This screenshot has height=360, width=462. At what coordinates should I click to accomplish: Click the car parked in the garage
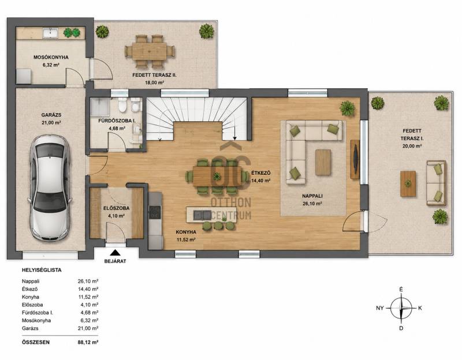click(x=50, y=188)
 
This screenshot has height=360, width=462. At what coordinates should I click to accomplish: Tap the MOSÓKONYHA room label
click(x=51, y=57)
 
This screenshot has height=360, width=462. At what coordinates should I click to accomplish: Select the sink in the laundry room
click(x=50, y=33)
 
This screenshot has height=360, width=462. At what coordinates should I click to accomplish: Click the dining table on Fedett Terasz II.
click(x=150, y=51)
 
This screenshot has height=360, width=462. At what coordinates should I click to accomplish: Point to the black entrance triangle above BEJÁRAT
click(x=115, y=252)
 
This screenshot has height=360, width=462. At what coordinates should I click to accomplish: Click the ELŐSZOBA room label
click(x=117, y=208)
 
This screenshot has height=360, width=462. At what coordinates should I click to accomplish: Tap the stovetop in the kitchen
click(x=155, y=212)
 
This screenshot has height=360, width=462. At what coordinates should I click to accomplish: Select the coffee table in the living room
click(x=323, y=162)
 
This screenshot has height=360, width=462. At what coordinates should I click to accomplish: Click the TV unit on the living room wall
click(x=355, y=159)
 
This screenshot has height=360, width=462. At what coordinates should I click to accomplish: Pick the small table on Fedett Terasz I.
click(x=408, y=183)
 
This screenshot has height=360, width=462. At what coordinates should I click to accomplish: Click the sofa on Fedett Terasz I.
click(x=437, y=183)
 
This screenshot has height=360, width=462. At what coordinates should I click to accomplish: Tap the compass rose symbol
click(x=401, y=308)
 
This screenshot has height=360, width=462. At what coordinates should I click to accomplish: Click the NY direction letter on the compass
click(x=380, y=308)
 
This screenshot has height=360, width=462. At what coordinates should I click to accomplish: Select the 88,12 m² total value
click(x=88, y=342)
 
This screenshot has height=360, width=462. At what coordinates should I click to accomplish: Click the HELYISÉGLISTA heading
click(x=42, y=270)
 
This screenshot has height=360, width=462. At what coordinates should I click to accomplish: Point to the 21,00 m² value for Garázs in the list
click(x=88, y=328)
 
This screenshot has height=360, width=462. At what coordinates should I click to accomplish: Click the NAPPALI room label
click(x=312, y=196)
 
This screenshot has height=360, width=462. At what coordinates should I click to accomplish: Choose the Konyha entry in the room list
click(x=31, y=297)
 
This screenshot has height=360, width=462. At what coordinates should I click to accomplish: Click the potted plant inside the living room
click(x=348, y=108)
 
